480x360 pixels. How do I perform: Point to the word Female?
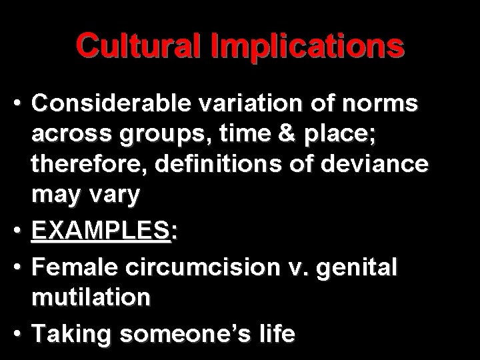click(73, 267)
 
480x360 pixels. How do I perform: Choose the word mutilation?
click(91, 297)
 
